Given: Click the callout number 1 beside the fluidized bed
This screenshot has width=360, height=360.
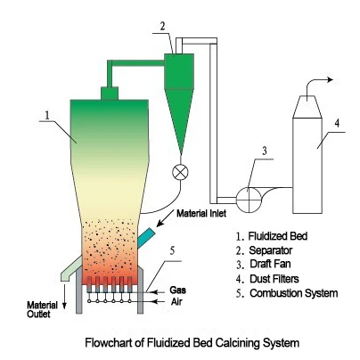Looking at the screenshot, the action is (x=47, y=116).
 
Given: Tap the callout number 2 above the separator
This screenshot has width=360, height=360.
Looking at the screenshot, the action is (x=162, y=27).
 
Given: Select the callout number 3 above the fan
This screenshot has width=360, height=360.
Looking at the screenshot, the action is (x=265, y=151).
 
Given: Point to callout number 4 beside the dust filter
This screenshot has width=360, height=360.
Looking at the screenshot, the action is (x=337, y=123).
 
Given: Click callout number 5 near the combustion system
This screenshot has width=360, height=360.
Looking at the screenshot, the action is (x=172, y=251).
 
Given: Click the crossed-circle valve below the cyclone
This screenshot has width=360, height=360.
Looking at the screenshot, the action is (x=180, y=172).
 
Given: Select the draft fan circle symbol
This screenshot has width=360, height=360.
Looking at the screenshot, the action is (x=249, y=200).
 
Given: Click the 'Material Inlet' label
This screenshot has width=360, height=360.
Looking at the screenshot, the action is (x=201, y=213).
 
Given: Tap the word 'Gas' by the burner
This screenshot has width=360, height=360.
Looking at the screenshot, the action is (x=177, y=290).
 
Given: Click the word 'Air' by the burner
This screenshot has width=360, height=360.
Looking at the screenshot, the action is (x=176, y=302).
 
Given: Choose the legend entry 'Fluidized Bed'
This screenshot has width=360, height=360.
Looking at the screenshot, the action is (x=278, y=236).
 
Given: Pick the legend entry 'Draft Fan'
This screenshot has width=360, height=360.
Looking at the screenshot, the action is (x=270, y=264).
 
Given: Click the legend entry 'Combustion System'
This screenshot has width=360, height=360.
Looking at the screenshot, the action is (x=294, y=293).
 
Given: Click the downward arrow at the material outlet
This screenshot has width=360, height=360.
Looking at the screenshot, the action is (x=64, y=297).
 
